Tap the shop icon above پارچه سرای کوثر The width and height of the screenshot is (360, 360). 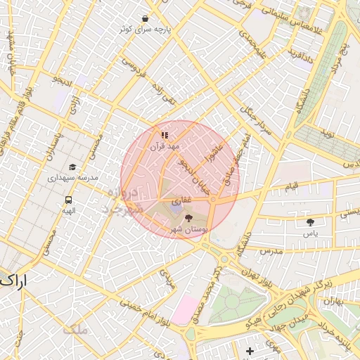pos(145,19)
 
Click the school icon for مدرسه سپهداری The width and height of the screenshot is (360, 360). pos(72,167)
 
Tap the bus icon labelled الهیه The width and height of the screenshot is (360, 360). pos(67,199)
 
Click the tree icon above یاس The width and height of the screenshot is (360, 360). pos(310,222)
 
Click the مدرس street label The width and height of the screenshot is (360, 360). pos(270,250)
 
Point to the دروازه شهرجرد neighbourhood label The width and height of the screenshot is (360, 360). pos(124,200)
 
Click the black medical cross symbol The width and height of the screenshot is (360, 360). pos(250,351)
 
